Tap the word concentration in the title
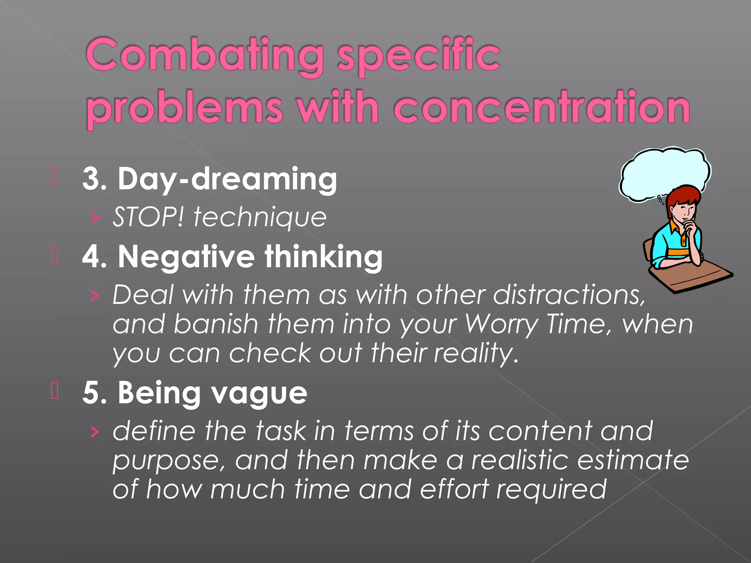tap(542, 108)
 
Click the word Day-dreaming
tap(227, 179)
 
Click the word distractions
tap(568, 295)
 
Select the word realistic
tap(520, 460)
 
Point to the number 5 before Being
tap(92, 393)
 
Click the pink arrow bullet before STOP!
tap(95, 218)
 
